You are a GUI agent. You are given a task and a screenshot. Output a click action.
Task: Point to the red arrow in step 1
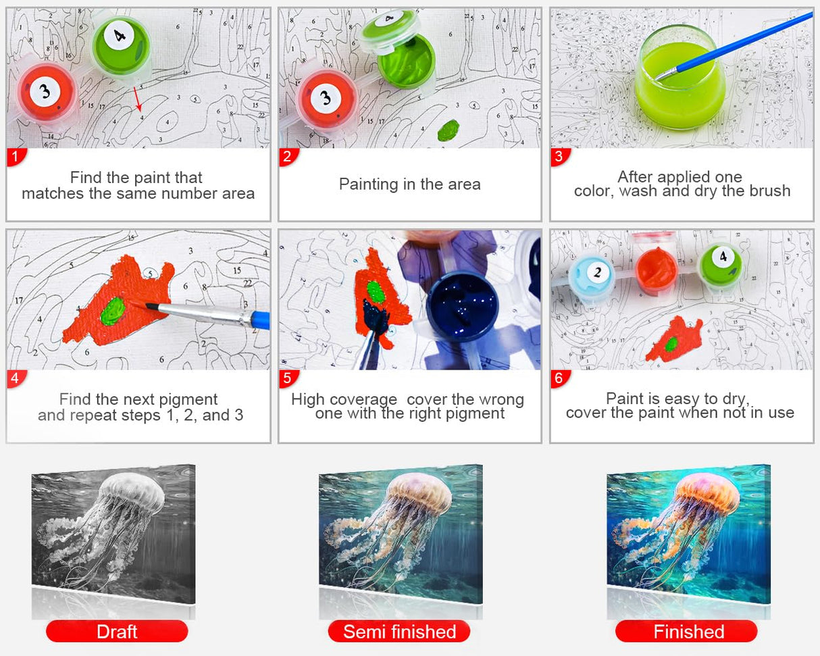click(137, 99)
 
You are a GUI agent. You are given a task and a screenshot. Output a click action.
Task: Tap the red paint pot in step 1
click(45, 92)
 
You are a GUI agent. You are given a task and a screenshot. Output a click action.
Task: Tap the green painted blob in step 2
click(449, 130)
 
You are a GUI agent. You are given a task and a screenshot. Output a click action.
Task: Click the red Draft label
click(116, 632)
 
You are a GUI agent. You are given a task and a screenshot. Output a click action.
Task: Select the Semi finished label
click(399, 632)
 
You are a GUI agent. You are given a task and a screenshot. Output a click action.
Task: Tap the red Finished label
click(687, 632)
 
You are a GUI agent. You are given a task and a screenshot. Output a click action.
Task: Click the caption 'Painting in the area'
click(409, 184)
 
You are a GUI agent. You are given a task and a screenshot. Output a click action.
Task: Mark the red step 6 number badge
click(559, 378)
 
